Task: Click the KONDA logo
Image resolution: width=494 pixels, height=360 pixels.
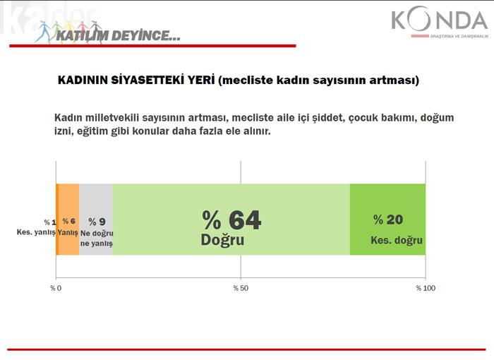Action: tap(440, 21)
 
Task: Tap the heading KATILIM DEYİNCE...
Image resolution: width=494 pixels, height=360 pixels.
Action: tap(118, 35)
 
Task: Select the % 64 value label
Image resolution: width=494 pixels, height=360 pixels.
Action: tap(231, 220)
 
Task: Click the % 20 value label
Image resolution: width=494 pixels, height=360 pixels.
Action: tap(388, 220)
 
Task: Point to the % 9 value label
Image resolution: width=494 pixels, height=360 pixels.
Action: tap(97, 222)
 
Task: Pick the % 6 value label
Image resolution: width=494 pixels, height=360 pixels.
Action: tap(69, 221)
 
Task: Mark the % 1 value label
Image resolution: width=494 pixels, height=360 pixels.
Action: tap(50, 222)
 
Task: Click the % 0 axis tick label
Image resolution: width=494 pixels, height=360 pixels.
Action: tap(56, 288)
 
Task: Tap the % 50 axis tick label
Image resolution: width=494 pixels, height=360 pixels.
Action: tap(241, 288)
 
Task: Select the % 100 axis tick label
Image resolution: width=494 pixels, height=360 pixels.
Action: tap(426, 288)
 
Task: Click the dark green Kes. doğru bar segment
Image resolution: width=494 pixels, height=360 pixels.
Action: tap(388, 219)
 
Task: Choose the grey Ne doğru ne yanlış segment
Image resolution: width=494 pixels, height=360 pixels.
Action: tap(96, 219)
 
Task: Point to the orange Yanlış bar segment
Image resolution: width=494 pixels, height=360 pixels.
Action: tap(69, 219)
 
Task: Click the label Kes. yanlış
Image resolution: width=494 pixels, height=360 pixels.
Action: tap(36, 232)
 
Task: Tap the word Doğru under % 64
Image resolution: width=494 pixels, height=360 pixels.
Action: tap(222, 240)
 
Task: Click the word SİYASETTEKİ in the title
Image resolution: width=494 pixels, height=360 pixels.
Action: tap(162, 80)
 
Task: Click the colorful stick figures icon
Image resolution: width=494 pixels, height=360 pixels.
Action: tap(68, 32)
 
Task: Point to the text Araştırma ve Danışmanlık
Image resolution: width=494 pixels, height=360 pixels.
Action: tap(459, 37)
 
